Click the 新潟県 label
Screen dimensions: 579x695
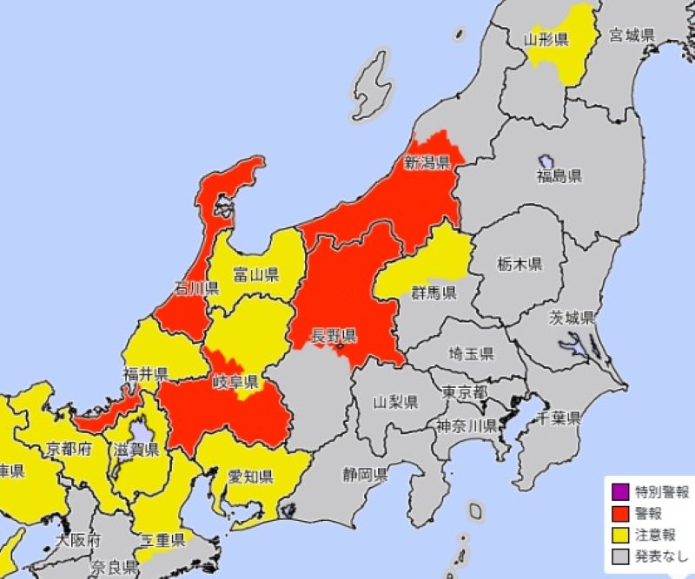(426, 162)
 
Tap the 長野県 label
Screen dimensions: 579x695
(335, 335)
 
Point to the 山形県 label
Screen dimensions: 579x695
(546, 39)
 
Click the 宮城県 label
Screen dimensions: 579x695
(631, 35)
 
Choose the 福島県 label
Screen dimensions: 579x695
(559, 176)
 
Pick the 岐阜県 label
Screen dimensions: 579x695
(237, 382)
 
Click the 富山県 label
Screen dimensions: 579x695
(255, 276)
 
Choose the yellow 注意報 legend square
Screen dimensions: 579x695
(619, 535)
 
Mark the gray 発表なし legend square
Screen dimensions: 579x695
(619, 556)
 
